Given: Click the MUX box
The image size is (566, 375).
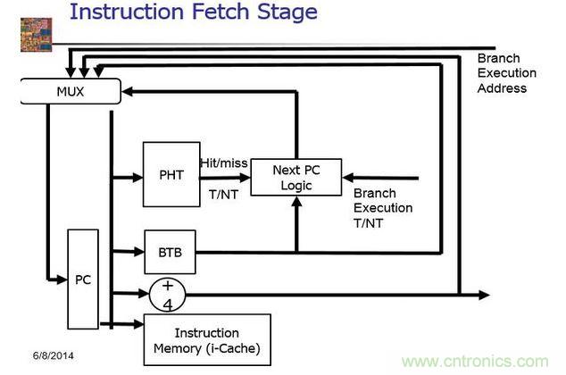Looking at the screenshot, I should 70,90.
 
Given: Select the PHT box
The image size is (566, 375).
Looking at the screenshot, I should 171,174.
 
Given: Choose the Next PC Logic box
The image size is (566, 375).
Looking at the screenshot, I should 295,177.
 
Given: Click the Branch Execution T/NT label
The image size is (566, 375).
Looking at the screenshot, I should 384,208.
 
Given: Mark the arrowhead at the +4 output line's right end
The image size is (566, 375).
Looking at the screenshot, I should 484,295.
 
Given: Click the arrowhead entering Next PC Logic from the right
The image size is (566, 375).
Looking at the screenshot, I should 346,177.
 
